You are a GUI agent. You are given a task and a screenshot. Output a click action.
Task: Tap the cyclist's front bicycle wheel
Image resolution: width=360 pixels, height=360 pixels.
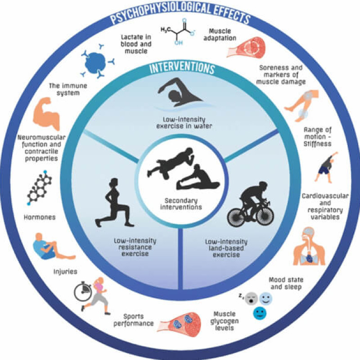265,216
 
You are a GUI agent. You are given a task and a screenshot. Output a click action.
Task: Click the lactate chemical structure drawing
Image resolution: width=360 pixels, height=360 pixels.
178,31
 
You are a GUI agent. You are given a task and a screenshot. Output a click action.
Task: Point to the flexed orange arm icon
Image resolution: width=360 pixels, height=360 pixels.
46,113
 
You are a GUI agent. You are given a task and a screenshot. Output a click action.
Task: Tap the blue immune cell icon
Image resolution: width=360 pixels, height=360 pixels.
96,62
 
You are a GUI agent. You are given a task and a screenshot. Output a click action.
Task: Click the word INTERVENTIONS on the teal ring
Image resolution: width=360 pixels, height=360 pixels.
182,68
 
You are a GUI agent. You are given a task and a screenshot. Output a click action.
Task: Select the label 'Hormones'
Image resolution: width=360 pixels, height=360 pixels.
40,217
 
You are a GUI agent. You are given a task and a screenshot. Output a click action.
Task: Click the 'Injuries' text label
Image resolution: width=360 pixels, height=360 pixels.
65,272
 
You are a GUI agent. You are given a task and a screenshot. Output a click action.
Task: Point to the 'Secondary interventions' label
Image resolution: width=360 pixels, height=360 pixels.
181,204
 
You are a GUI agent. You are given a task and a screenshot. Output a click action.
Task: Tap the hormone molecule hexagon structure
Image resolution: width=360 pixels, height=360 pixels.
39,187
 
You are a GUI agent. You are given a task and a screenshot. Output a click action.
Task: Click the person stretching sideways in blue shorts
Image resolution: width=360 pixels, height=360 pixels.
326,167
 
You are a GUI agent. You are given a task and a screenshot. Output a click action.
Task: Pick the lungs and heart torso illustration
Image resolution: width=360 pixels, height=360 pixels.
309,246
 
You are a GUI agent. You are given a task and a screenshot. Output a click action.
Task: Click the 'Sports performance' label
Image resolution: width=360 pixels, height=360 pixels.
134,320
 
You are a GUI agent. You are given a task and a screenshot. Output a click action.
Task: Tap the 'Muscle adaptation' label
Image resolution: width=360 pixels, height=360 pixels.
220,35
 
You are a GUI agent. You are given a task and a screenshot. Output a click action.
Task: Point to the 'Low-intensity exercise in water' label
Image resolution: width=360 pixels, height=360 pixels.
184,123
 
